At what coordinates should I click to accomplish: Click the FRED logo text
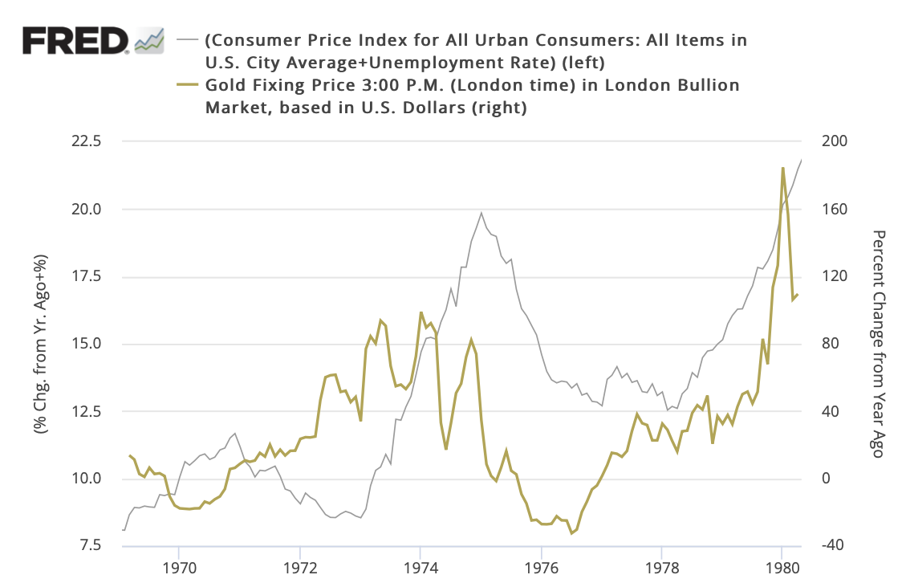pos(75,39)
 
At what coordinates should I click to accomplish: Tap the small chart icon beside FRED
pos(149,39)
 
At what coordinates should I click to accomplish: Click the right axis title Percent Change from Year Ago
pos(877,344)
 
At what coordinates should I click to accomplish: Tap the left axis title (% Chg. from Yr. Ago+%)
pos(39,344)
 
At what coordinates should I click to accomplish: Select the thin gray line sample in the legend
pos(188,39)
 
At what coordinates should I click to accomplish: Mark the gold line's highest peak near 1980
pos(782,168)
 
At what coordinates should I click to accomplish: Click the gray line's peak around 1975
pos(481,213)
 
